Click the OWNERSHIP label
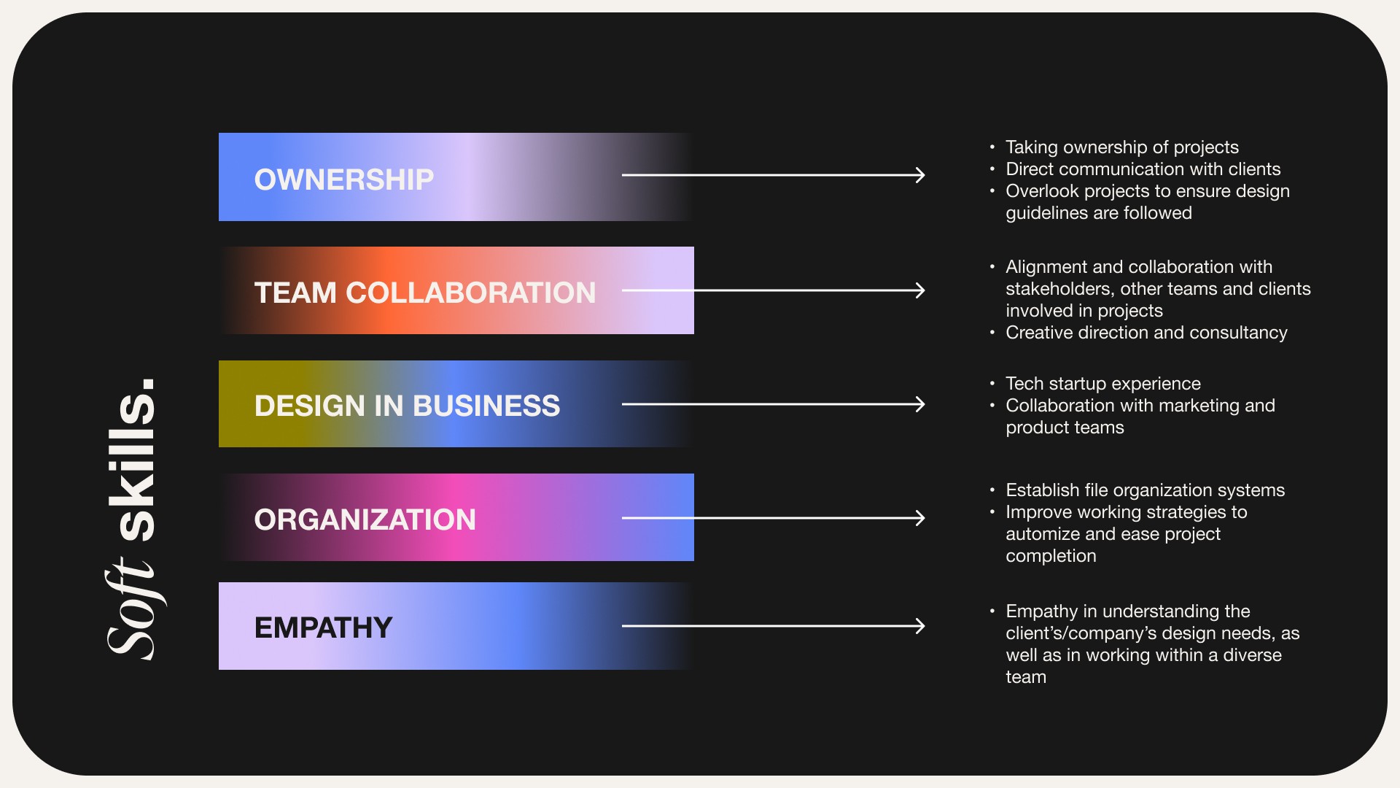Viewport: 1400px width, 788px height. coord(343,179)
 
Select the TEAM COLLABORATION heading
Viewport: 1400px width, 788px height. coord(424,293)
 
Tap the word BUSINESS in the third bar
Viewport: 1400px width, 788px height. coord(486,406)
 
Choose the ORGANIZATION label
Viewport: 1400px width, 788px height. coord(365,519)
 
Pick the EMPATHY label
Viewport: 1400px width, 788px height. coord(323,627)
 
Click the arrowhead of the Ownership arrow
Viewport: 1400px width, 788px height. coord(921,175)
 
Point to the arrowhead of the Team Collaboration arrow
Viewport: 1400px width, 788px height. coord(921,290)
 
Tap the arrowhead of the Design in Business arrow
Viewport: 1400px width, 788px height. coord(921,404)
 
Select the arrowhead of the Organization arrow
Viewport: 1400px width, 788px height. coord(921,518)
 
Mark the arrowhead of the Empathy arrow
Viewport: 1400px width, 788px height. coord(921,626)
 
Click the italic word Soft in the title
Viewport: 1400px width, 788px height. coord(133,609)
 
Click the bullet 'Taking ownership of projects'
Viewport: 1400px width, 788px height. coord(1121,147)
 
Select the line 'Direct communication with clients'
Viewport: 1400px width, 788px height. coord(1143,169)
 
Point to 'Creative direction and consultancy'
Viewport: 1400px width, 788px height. coord(1146,333)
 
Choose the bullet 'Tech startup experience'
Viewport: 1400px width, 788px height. coord(1102,384)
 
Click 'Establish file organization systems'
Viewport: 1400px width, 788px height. coord(1145,490)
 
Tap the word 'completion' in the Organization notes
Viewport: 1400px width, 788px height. coord(1051,556)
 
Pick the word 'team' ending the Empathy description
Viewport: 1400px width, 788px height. coord(1026,677)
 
